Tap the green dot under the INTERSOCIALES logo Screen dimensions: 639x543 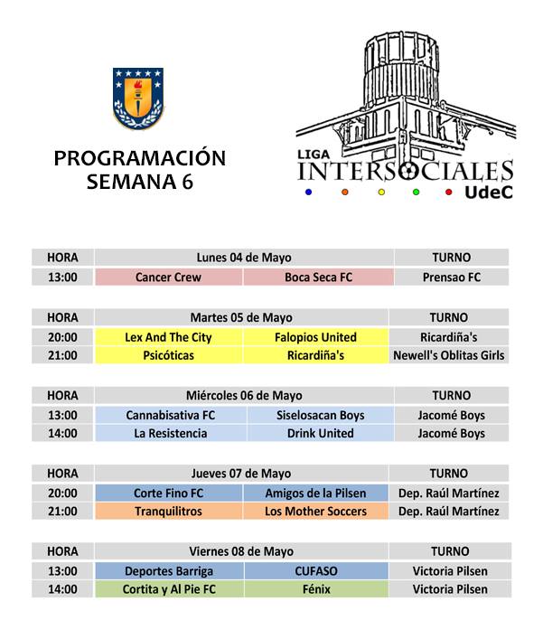point(417,192)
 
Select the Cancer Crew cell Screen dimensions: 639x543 point(168,277)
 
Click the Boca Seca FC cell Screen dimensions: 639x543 point(318,277)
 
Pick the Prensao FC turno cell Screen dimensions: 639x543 point(451,277)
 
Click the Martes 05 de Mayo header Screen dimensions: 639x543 point(241,317)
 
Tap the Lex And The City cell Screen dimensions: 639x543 point(168,337)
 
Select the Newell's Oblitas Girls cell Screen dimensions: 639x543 point(448,356)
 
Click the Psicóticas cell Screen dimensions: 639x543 point(168,356)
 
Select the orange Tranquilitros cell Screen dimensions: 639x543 point(168,512)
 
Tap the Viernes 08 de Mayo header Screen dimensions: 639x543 point(241,551)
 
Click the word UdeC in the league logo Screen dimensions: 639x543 point(489,193)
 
